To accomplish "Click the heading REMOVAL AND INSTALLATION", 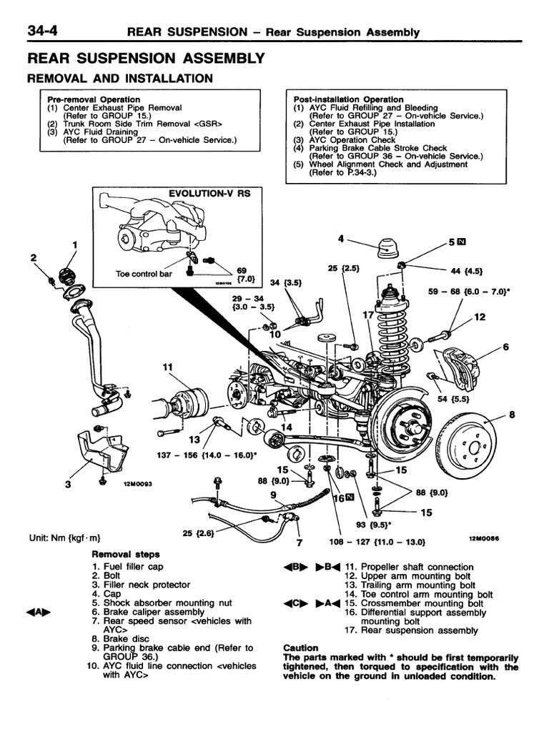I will (119, 78).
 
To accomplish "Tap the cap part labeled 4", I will (386, 248).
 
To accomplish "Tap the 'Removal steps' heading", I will (126, 554).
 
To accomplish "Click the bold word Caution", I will (301, 648).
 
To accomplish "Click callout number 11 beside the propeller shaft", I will (168, 367).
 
